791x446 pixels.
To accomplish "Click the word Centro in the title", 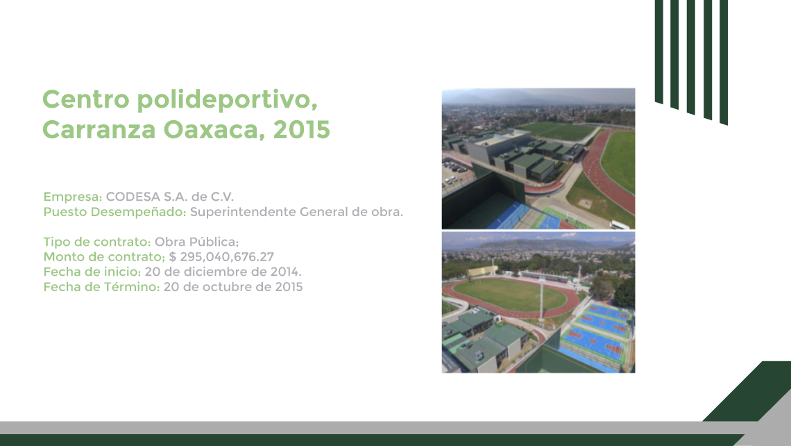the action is tap(86, 99).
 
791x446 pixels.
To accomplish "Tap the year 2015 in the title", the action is tap(302, 130).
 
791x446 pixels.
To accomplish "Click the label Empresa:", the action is tap(73, 197).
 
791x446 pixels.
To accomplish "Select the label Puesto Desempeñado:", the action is tap(115, 212).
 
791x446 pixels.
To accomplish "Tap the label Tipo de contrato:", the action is tap(97, 242).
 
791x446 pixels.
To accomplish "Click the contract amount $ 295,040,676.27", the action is tap(221, 257).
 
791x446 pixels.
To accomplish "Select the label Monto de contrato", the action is tap(103, 257).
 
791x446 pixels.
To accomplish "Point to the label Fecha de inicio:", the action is tap(92, 272).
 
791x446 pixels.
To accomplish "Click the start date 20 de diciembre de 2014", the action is tap(223, 272).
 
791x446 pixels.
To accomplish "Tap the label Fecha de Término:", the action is tap(101, 288).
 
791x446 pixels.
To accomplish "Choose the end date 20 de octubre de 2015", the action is tap(233, 288).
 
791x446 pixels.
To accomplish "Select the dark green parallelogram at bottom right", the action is tap(747, 391).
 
